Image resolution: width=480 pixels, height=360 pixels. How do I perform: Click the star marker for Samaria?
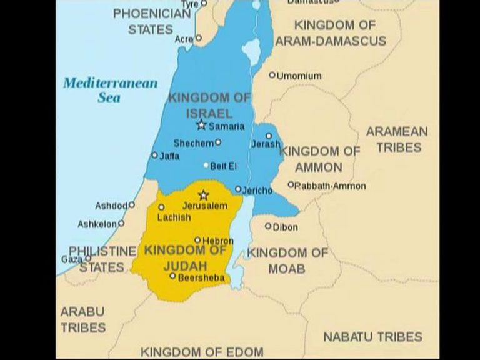(x=201, y=125)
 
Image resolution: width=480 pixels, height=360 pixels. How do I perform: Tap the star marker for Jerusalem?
(x=202, y=196)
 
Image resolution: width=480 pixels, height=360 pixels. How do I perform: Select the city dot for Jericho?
(x=238, y=189)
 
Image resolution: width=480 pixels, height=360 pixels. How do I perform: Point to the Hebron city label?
(x=218, y=241)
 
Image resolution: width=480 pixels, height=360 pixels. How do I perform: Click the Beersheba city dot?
(x=172, y=276)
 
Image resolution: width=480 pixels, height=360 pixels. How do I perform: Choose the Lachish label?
(x=174, y=217)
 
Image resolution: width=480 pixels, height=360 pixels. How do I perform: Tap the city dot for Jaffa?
(x=154, y=155)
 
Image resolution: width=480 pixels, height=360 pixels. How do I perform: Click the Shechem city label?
(x=193, y=143)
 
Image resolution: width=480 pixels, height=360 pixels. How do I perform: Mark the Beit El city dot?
(x=206, y=166)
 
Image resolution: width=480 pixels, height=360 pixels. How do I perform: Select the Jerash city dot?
(x=269, y=136)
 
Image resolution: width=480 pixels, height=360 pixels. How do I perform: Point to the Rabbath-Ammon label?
(x=331, y=186)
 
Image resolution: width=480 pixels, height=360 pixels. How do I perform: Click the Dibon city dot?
(x=268, y=226)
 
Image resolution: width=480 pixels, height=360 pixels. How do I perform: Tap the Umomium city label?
(x=299, y=76)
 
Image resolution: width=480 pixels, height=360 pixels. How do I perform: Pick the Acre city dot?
(x=199, y=38)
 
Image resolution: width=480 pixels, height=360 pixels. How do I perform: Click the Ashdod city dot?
(x=131, y=204)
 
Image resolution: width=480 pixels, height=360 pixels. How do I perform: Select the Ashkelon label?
(x=97, y=224)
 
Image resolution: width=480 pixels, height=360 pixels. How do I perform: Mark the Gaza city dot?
(x=88, y=257)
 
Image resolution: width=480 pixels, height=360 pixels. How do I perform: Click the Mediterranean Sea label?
(x=110, y=90)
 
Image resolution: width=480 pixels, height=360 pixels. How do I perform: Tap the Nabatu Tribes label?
(x=372, y=337)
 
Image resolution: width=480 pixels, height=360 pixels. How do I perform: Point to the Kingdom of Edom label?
(x=202, y=352)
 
